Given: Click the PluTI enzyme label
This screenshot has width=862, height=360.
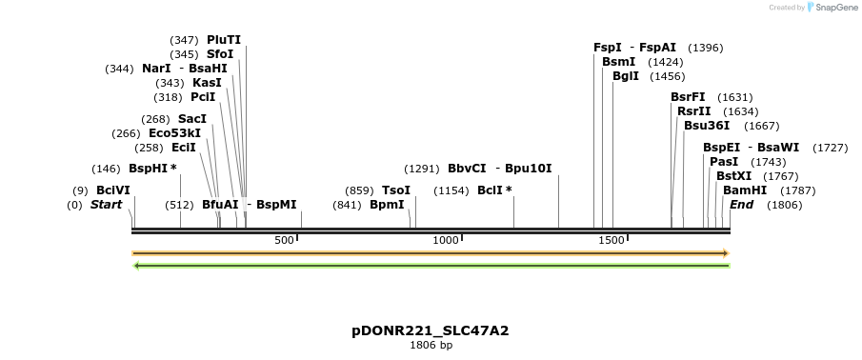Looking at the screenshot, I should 224,40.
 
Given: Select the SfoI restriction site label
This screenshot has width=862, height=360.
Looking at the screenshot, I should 220,54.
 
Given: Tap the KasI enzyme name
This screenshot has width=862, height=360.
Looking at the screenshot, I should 207,83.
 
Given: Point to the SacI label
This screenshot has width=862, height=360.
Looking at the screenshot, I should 192,119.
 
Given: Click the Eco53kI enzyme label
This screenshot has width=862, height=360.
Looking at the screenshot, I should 174,133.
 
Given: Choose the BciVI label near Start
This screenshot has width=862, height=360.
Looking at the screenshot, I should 113,190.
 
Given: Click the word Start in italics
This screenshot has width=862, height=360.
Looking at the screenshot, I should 106,205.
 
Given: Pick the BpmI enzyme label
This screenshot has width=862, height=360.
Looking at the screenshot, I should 387,205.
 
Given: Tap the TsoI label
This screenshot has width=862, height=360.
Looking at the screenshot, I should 396,190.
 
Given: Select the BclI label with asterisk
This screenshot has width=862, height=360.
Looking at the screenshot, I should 494,190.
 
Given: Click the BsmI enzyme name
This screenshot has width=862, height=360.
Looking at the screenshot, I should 619,62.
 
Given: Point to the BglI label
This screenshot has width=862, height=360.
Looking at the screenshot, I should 626,76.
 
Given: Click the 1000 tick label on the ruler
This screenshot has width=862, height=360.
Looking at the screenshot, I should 446,240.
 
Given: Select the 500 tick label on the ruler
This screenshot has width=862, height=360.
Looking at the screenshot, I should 284,240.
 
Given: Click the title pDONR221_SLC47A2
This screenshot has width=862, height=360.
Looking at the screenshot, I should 431,330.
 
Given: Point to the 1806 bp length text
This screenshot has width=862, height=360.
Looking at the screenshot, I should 431,345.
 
